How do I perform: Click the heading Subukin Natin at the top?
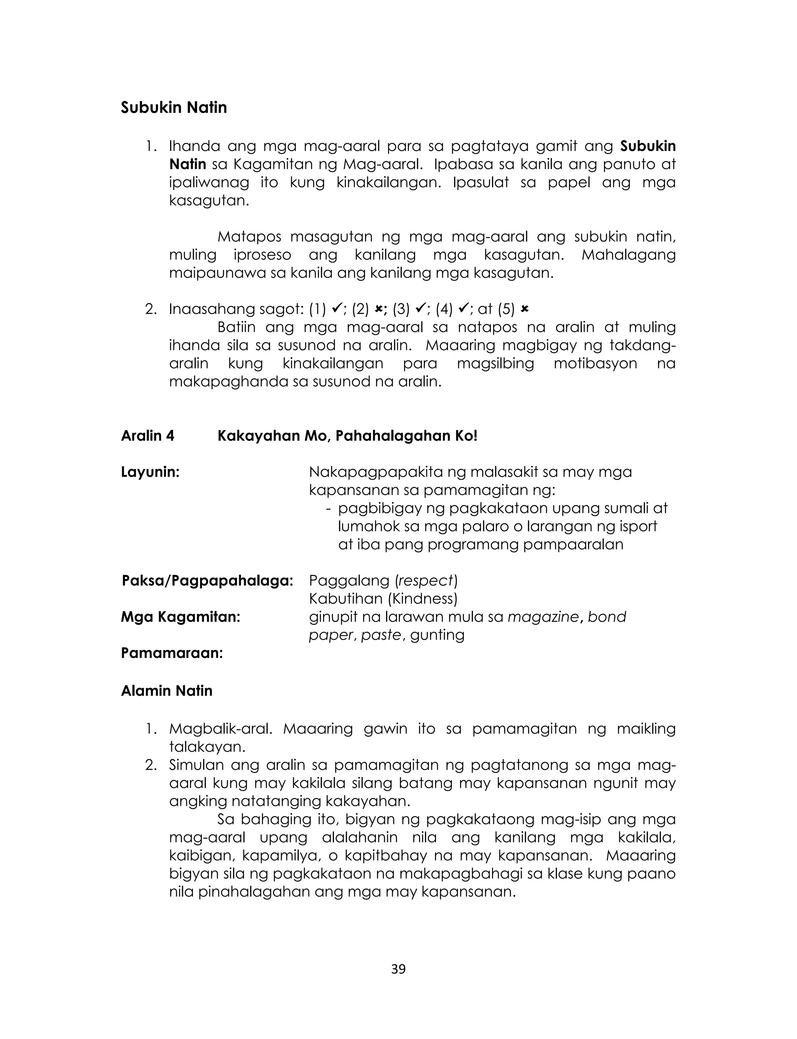(174, 108)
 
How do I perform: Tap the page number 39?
(398, 969)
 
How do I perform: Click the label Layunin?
(150, 472)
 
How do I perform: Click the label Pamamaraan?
(172, 653)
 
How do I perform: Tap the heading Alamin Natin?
(167, 690)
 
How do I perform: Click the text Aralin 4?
(147, 436)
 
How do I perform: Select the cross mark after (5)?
(524, 309)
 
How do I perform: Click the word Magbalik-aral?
(221, 728)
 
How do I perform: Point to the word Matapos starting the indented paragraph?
(249, 236)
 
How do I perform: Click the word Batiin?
(236, 327)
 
